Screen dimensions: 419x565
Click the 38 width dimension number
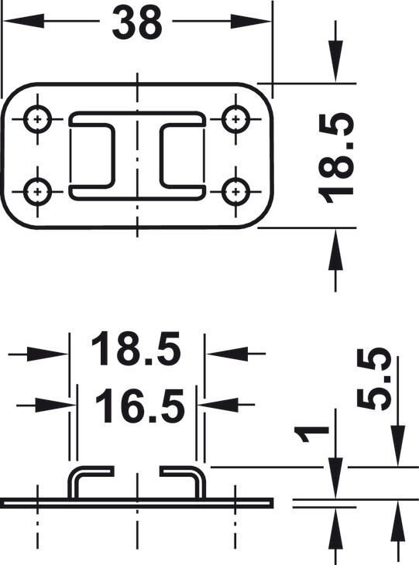coord(137,22)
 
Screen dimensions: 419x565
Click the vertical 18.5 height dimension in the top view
coord(335,158)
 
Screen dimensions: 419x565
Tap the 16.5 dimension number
coord(140,406)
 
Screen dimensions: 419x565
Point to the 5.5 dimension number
coord(374,378)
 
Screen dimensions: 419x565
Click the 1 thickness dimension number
coord(311,434)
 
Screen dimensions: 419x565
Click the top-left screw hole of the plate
coord(37,119)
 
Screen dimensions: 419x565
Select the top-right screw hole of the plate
coord(235,119)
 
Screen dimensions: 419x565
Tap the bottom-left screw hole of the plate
coord(37,191)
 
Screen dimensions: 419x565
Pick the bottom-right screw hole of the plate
coord(235,191)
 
